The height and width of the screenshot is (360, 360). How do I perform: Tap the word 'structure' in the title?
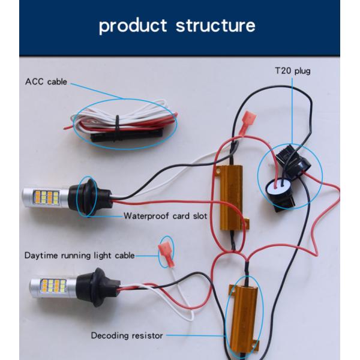[x=215, y=26]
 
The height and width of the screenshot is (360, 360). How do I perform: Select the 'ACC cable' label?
[x=46, y=82]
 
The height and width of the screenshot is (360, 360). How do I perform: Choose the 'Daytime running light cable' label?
[x=79, y=255]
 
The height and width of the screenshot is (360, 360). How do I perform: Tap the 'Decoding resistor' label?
[x=127, y=335]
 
